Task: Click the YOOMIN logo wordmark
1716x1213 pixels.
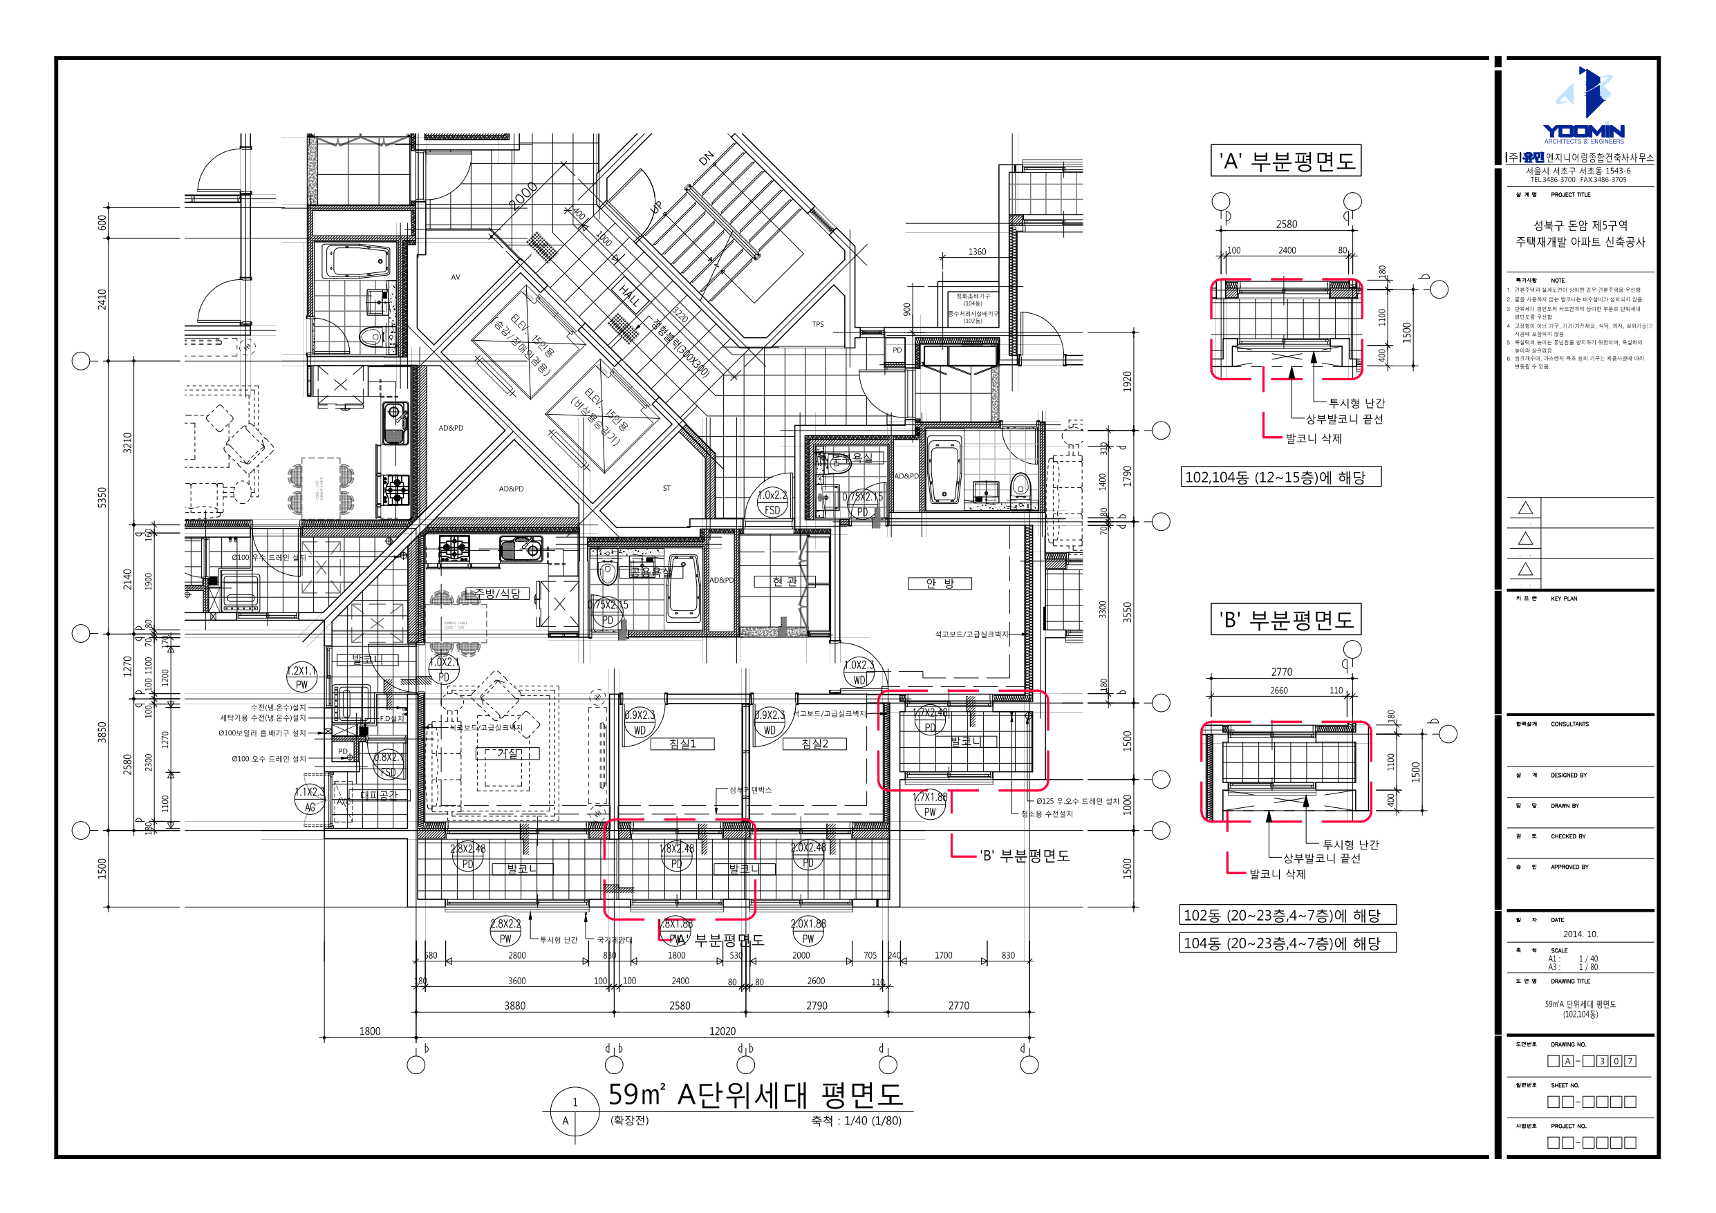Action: [1583, 131]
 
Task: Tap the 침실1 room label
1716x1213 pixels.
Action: [682, 744]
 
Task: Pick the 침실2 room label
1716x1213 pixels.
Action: [814, 744]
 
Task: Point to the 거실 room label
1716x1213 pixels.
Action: [507, 753]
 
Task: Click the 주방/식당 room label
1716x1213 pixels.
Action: [497, 594]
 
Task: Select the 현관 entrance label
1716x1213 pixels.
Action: [784, 581]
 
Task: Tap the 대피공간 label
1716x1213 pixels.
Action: [379, 796]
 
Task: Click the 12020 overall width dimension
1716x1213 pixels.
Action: [722, 1031]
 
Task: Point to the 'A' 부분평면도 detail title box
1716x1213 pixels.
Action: [1285, 160]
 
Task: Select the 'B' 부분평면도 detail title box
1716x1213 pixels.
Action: [1285, 619]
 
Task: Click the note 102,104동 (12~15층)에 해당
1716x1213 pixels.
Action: [1280, 477]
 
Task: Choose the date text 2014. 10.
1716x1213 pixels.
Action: [1580, 934]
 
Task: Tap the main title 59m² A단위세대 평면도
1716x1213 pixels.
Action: [755, 1095]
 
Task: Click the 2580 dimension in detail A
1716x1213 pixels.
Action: [1286, 224]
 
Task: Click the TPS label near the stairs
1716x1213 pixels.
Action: [818, 324]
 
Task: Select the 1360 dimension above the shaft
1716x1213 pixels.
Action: [977, 252]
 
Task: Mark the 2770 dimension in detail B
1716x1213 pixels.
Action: [1281, 672]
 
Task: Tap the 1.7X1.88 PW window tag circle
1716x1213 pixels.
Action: [930, 806]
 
